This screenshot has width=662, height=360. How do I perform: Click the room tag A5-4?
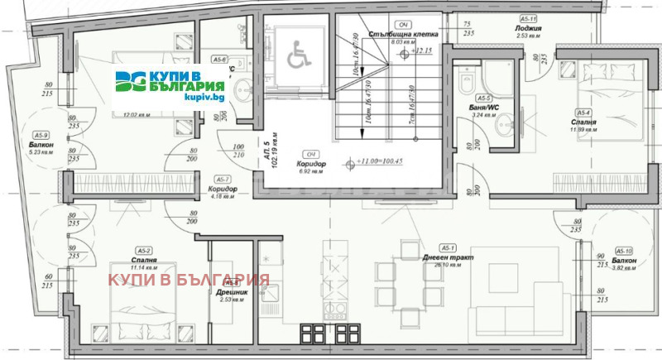click(x=584, y=113)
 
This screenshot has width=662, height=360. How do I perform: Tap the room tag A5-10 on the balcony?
click(x=624, y=251)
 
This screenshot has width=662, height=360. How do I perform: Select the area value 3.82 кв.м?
click(x=624, y=268)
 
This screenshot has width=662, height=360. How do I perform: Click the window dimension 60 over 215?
click(x=49, y=281)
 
